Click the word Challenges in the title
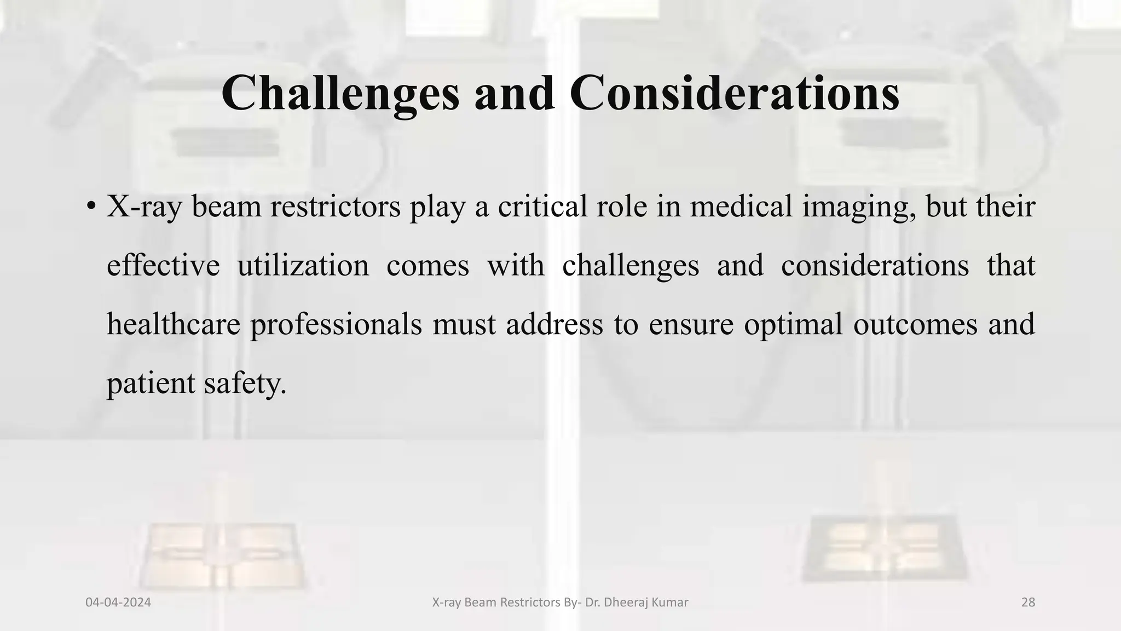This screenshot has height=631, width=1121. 340,94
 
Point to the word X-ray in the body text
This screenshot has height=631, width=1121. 143,208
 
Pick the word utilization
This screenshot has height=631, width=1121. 303,266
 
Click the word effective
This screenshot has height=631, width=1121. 163,266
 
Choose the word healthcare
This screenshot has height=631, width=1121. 173,324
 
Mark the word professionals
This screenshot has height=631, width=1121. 336,324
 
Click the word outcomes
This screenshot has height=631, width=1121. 915,324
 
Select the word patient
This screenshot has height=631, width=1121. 151,383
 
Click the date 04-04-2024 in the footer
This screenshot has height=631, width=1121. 118,603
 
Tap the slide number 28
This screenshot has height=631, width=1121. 1028,603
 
